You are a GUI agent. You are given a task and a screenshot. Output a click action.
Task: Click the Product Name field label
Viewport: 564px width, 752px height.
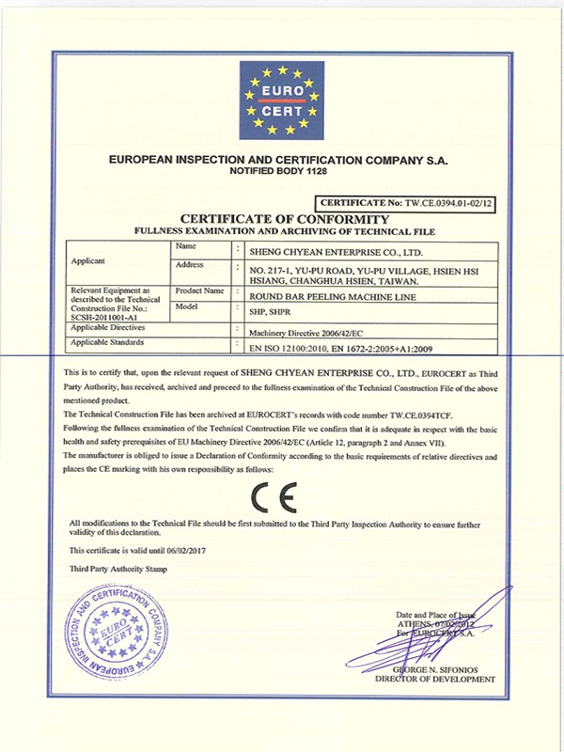199,290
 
